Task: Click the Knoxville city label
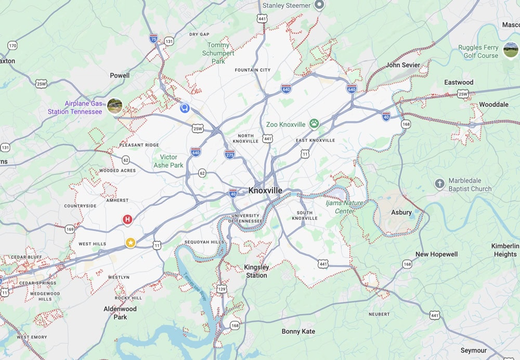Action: (265, 190)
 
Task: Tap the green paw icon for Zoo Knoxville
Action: (314, 124)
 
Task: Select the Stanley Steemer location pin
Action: (320, 5)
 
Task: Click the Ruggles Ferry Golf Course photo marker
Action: (511, 50)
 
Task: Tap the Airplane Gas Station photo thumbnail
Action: (114, 106)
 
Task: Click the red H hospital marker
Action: (127, 220)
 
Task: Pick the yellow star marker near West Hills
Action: (131, 242)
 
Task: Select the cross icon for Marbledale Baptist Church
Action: (439, 184)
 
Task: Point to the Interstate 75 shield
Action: (153, 38)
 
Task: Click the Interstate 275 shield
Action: (229, 154)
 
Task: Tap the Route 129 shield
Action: (222, 288)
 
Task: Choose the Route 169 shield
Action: (70, 229)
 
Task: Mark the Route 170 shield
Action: (12, 46)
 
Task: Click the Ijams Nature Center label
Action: (344, 207)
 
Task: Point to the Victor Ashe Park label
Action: (168, 161)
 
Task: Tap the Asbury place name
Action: (401, 212)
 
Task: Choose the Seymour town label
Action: (473, 351)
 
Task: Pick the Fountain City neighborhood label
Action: (253, 70)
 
